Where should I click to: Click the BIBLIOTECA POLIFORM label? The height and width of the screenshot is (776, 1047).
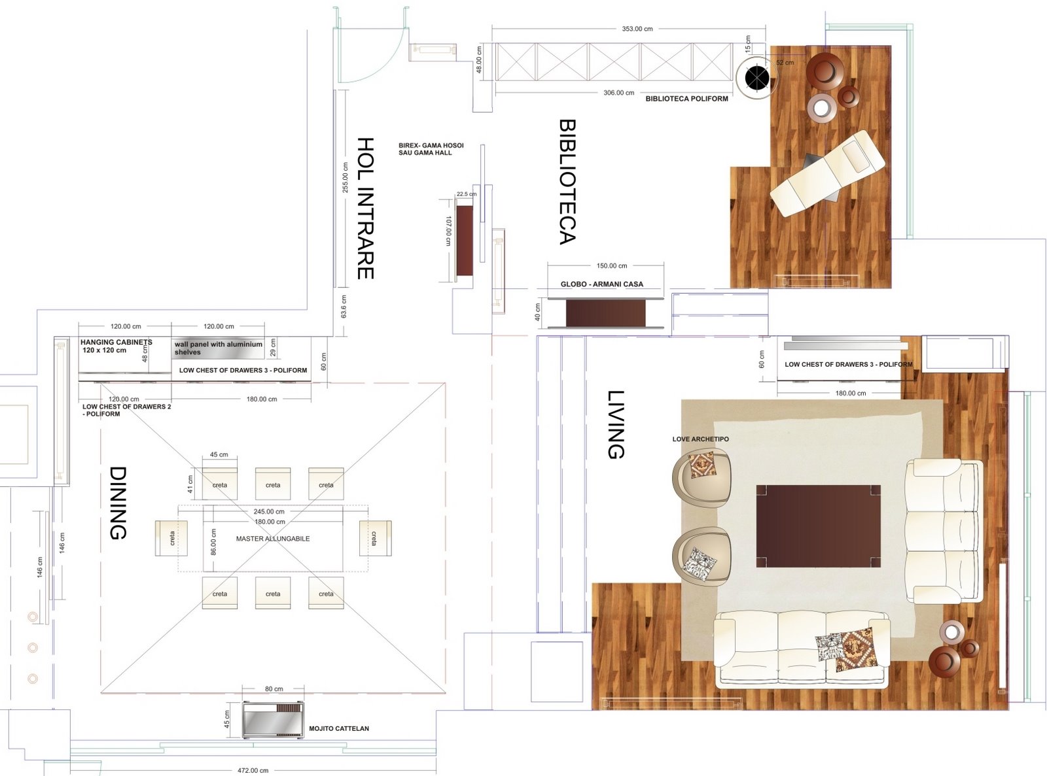[686, 99]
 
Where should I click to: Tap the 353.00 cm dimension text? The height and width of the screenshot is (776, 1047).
[637, 29]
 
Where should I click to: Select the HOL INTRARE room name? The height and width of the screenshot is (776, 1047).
[365, 208]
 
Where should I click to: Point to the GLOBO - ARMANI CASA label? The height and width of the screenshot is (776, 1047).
[602, 284]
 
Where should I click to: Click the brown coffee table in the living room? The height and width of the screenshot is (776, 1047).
[818, 526]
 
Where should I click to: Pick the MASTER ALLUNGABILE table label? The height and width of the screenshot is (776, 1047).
[273, 538]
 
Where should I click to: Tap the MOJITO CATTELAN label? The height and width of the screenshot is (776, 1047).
[339, 728]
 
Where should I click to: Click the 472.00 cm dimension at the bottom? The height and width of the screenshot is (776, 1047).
[253, 770]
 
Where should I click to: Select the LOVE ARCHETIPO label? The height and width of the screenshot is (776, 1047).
[701, 439]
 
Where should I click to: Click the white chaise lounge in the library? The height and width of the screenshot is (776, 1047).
[827, 173]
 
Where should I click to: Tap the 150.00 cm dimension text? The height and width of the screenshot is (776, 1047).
[612, 265]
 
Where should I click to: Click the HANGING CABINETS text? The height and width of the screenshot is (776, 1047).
[116, 342]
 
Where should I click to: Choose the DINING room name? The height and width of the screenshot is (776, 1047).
[118, 503]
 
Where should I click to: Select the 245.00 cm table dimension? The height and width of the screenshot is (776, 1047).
[269, 511]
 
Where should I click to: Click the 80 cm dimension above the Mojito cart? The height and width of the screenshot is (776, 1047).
[274, 689]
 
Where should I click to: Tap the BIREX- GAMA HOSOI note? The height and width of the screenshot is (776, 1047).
[431, 145]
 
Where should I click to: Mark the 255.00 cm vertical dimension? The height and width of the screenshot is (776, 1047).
[345, 177]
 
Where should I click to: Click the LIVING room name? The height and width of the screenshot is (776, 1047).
[616, 424]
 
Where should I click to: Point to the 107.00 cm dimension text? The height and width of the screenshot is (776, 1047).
[448, 231]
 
